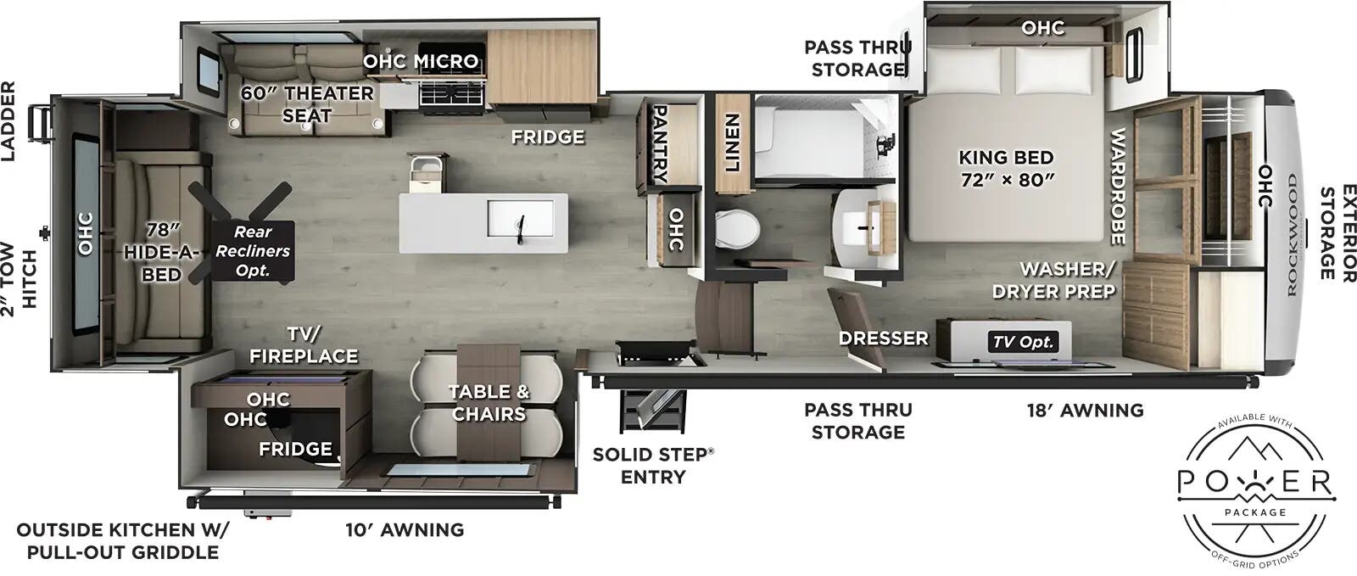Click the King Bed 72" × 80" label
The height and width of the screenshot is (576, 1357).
pos(1006,168)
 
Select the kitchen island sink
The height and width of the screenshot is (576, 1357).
pos(526,222)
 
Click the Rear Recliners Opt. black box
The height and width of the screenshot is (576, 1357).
pos(253,250)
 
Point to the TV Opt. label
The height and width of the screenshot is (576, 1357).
pos(1024,342)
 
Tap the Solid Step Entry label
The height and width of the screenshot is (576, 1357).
pos(652,465)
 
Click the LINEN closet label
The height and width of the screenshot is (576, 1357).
pos(732,143)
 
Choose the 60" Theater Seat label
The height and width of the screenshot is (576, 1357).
pos(307,103)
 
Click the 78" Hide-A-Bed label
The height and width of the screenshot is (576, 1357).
pos(161,251)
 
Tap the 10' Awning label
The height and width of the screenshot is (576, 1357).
pos(405,530)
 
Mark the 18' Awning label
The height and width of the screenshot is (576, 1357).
pos(1085,411)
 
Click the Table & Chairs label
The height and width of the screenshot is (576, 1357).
pos(489,403)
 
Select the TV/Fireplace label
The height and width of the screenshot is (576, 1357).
pos(304,344)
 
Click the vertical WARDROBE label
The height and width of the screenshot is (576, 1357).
pos(1117,187)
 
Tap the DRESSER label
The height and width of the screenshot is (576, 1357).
pos(883,338)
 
